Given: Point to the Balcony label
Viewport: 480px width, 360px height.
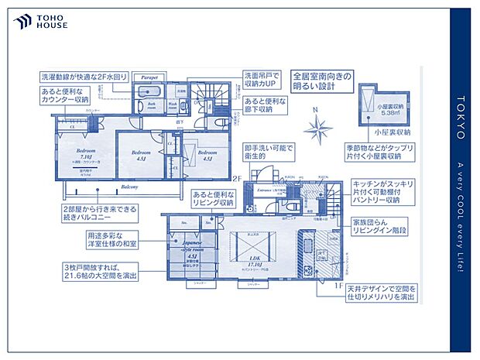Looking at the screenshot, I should click(130, 187).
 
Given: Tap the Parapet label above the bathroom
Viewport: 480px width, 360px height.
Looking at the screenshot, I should click(149, 78).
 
